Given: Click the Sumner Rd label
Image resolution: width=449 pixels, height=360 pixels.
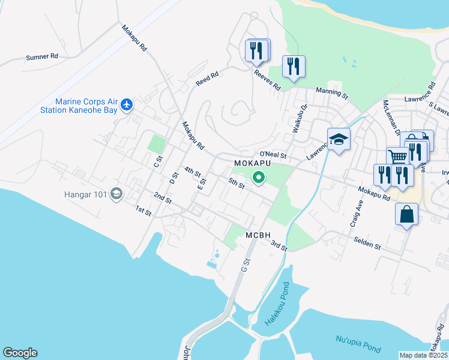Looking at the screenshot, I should coord(41,57).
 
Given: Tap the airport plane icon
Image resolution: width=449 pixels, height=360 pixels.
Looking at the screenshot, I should coord(126,105).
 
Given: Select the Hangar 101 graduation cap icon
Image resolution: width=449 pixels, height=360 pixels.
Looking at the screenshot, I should coord(116,194).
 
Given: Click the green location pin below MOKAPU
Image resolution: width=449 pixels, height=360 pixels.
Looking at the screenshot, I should coord(259,177).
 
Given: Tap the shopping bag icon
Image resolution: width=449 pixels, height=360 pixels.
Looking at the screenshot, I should coord(406,214).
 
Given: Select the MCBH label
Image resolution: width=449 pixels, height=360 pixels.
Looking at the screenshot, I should coord(259,235).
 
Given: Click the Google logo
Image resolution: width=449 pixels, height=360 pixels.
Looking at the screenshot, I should coord(20,353).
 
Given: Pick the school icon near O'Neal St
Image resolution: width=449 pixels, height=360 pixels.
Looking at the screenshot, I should coord(339,139).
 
